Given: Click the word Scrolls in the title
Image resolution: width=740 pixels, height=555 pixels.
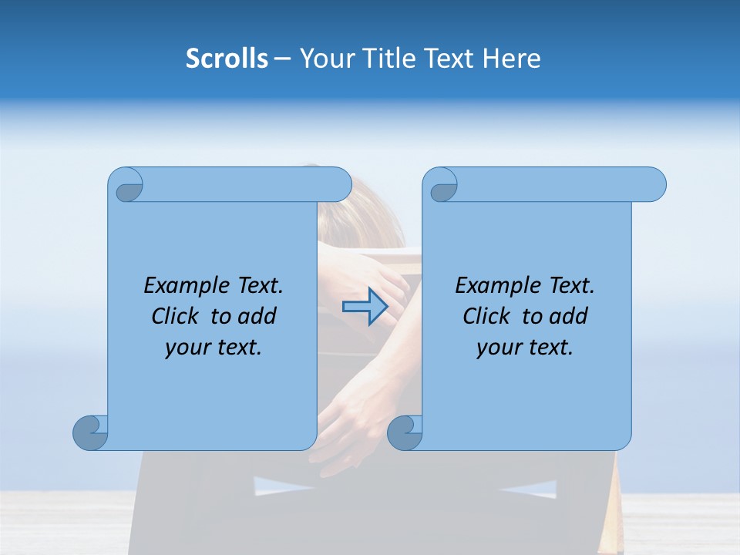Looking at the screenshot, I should point(227,58).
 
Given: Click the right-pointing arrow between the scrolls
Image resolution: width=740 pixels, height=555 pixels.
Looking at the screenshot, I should point(365,306).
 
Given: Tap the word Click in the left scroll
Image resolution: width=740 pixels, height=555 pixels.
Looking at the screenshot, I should point(177,316).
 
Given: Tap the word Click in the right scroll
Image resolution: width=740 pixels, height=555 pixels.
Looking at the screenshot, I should point(489,316).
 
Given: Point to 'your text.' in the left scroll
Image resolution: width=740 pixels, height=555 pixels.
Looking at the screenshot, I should point(214,347).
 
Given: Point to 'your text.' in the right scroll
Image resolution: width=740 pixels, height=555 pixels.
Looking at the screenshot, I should point(525,347).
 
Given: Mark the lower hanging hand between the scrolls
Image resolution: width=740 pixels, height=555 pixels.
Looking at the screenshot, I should point(347,432).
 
